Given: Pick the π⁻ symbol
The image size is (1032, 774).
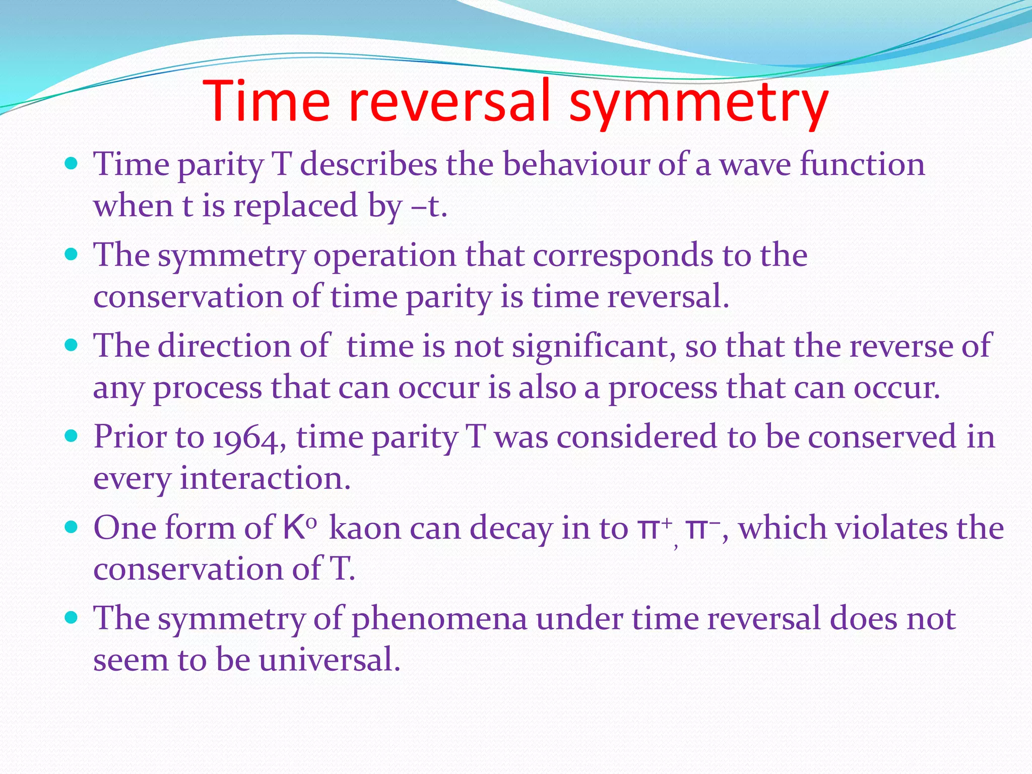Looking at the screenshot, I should pos(704,528).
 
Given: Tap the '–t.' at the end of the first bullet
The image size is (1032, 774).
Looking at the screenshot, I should pos(429,206).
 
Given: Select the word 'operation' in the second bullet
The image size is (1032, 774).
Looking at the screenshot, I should pos(384,255).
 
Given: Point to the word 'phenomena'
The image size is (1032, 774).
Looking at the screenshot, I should pos(439,619).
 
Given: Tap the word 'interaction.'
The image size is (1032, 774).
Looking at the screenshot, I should pos(265,478).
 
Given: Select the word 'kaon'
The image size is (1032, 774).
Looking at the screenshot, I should pos(365,528).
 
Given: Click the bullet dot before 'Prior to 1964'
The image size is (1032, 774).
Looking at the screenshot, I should pos(72,435).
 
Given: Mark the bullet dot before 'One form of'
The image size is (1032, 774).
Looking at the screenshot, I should pos(72,527).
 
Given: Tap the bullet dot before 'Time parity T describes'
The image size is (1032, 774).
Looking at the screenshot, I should pos(72,163).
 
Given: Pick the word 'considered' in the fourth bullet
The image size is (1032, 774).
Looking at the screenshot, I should pos(636,436).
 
